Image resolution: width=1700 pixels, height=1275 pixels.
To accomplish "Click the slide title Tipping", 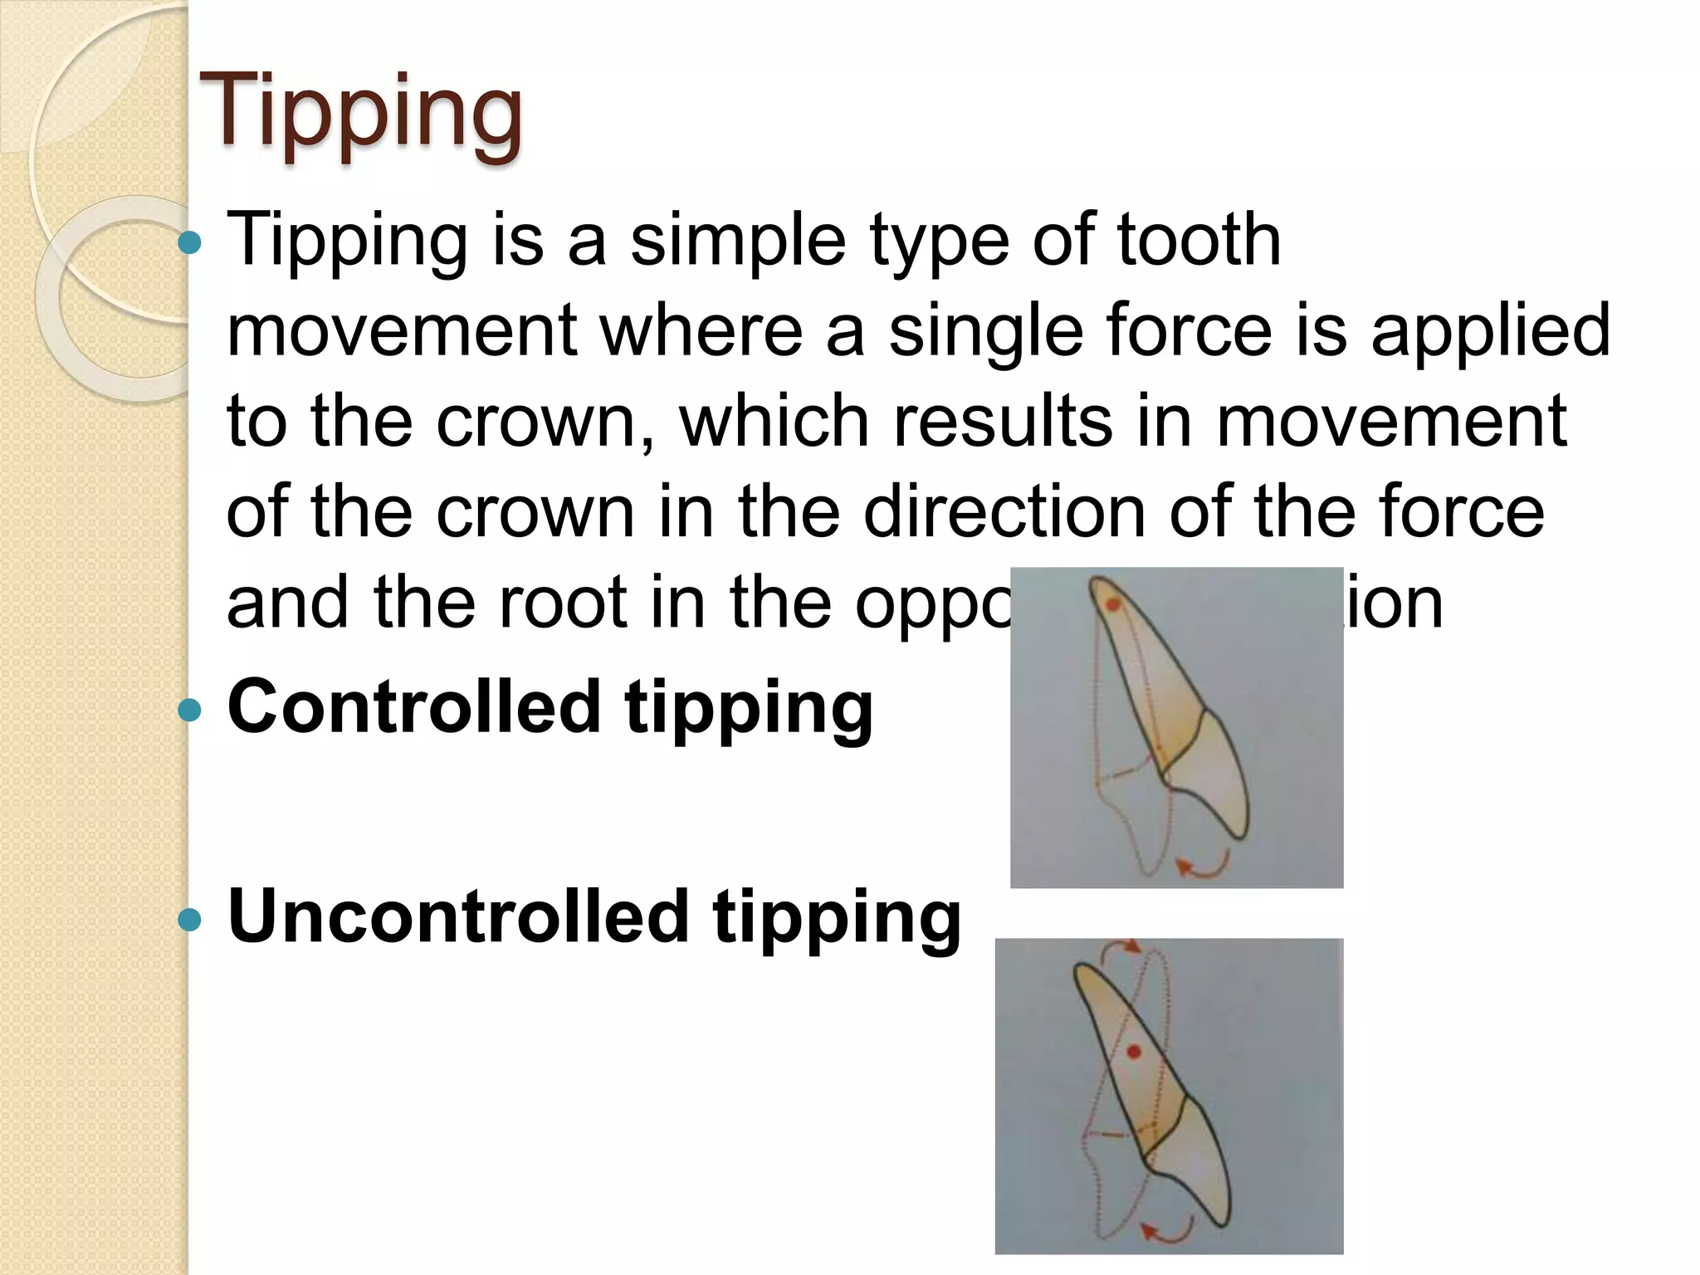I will pos(360,112).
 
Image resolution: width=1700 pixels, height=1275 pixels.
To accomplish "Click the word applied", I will pos(1490,330).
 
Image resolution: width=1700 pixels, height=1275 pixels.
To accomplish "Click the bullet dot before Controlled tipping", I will pos(190,710).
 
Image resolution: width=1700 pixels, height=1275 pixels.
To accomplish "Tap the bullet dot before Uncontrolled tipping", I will pos(190,920).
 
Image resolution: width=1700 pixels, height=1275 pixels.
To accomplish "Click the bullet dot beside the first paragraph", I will pos(190,243).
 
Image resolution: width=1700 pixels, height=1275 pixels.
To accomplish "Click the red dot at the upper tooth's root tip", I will pos(1113,605).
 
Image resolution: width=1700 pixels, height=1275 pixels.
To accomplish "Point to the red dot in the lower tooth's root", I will pos(1134,1052).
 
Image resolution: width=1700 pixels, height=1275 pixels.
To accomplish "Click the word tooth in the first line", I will pos(1199,240).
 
